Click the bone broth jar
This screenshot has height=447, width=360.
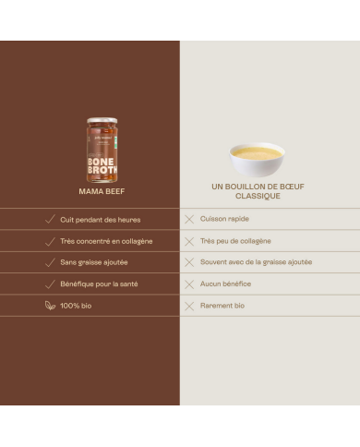coord(102,150)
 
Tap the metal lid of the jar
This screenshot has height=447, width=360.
coord(102,120)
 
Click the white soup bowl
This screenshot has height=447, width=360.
coord(257,160)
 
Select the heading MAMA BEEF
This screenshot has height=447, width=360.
coord(102,191)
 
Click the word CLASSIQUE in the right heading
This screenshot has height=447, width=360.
coord(258,196)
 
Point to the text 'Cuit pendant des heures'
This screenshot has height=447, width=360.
coord(101,220)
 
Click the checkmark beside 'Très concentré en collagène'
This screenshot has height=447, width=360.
coord(50,242)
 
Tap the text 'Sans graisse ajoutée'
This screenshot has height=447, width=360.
coord(94,262)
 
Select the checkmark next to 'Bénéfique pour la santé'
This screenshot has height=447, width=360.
coord(50,284)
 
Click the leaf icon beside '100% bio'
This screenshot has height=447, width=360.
coord(50,306)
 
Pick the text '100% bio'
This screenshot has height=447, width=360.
coord(76,306)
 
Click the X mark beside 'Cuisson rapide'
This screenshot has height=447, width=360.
coord(189,219)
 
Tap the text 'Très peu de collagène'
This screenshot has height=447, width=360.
coord(235,241)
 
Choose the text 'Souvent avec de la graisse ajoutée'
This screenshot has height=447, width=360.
coord(256,262)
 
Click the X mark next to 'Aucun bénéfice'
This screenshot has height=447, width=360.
coord(189,284)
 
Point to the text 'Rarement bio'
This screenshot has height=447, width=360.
coord(222,306)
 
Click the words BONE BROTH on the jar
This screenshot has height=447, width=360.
coord(102,166)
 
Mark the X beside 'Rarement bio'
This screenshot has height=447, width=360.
coord(189,306)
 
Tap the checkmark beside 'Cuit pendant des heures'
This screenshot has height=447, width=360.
coord(50,219)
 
